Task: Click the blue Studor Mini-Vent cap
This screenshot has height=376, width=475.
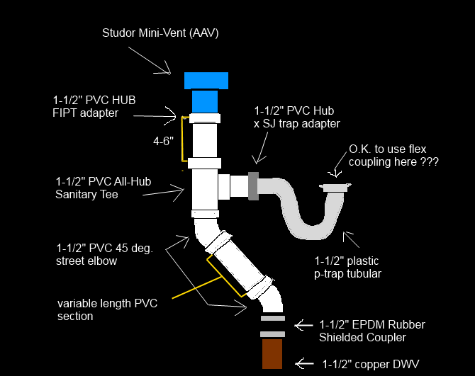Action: [x=206, y=80]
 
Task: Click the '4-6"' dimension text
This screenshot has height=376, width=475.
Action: [x=162, y=141]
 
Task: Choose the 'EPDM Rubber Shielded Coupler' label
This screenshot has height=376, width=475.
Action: [x=371, y=331]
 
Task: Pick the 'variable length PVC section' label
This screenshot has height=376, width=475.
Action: [x=107, y=309]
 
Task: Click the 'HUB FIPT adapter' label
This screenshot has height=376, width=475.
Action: [x=92, y=106]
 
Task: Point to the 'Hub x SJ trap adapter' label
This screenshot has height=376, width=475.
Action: [x=297, y=117]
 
